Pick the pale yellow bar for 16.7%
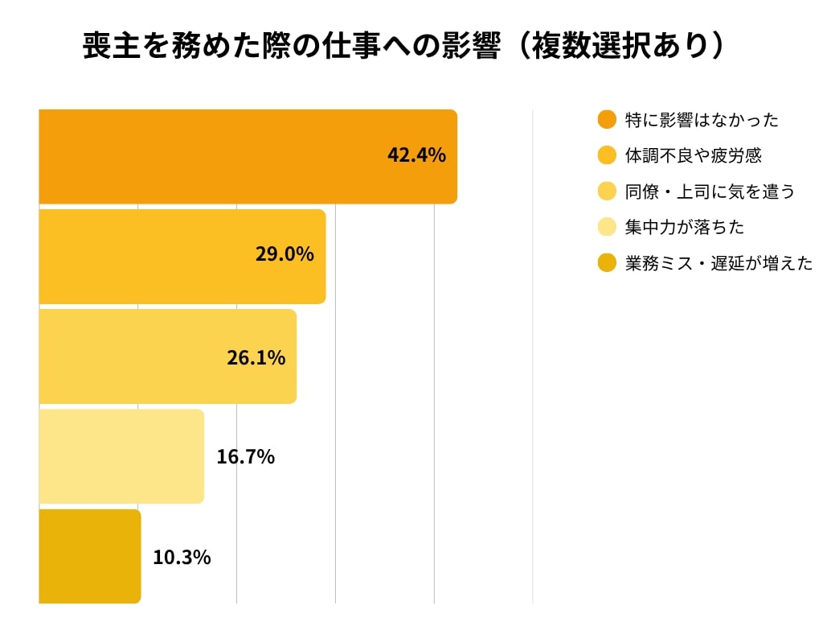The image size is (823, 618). pyautogui.click(x=121, y=456)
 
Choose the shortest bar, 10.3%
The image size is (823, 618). pyautogui.click(x=89, y=556)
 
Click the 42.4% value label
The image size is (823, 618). pyautogui.click(x=416, y=155)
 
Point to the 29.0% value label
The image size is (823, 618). pyautogui.click(x=285, y=255)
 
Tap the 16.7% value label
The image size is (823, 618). pyautogui.click(x=245, y=457)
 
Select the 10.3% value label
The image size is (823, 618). pyautogui.click(x=182, y=557)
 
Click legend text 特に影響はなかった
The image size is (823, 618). pyautogui.click(x=702, y=121)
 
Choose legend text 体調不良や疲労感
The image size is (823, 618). pyautogui.click(x=693, y=155)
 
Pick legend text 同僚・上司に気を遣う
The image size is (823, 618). pyautogui.click(x=710, y=192)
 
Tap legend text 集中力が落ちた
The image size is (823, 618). pyautogui.click(x=685, y=227)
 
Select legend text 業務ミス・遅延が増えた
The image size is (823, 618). pyautogui.click(x=719, y=263)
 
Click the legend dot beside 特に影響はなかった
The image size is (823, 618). pyautogui.click(x=607, y=120)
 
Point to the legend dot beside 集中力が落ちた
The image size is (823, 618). pyautogui.click(x=607, y=227)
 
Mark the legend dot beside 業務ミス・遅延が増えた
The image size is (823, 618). pyautogui.click(x=607, y=263)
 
